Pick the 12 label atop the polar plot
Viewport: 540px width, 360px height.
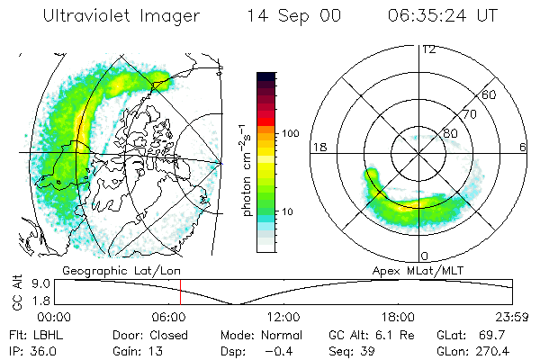click(428, 49)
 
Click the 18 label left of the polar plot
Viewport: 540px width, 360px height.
click(317, 147)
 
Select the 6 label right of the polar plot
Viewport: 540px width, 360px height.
click(524, 147)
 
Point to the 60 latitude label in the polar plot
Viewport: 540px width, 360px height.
click(490, 94)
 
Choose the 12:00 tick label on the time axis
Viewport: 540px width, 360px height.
click(283, 316)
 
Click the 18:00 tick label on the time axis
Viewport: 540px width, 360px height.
click(398, 316)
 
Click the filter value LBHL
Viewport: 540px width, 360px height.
click(47, 334)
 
